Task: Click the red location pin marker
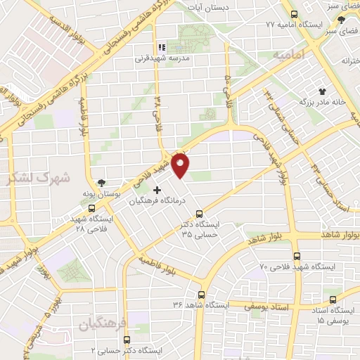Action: [x=182, y=165]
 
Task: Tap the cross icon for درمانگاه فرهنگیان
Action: [x=157, y=190]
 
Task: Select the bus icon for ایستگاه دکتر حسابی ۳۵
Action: [x=199, y=214]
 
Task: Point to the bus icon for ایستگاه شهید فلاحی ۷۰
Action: [x=297, y=257]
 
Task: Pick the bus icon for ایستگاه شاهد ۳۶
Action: [x=202, y=295]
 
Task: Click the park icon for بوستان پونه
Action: [x=103, y=182]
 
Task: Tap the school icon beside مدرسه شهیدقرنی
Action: [x=161, y=48]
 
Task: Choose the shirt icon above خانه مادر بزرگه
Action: [x=323, y=91]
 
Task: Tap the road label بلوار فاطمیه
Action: [x=155, y=259]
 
